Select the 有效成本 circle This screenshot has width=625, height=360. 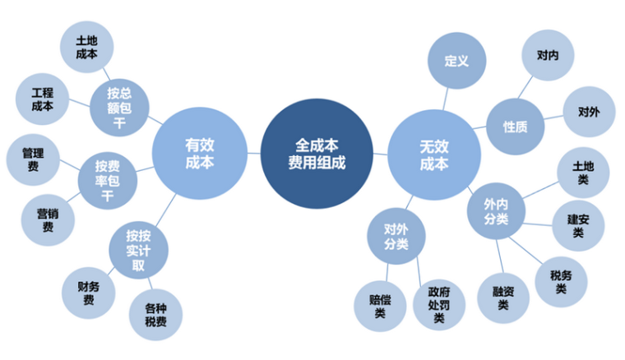click(200, 154)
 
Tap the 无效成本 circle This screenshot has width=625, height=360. click(434, 154)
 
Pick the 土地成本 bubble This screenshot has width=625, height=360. click(86, 47)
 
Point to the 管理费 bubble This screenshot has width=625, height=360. click(33, 159)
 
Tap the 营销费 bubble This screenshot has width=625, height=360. click(47, 219)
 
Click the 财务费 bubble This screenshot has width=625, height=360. click(89, 293)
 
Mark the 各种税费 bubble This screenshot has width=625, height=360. click(155, 313)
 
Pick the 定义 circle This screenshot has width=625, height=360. click(456, 61)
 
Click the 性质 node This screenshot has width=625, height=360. click(516, 127)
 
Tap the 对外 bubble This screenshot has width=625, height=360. click(588, 111)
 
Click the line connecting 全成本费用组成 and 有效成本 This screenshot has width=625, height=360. click(254, 153)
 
